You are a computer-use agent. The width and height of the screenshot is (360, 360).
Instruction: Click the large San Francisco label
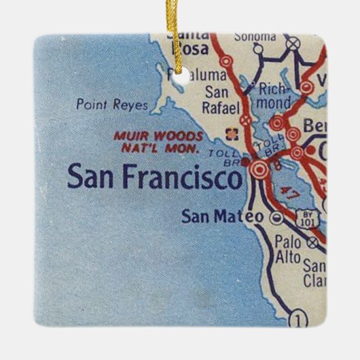(154, 178)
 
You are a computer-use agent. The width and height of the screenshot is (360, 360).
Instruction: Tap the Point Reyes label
(103, 105)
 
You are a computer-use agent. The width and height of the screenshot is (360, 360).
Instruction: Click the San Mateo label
(223, 217)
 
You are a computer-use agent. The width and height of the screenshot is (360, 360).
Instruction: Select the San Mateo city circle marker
(276, 218)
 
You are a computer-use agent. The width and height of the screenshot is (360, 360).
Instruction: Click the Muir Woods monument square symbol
(228, 132)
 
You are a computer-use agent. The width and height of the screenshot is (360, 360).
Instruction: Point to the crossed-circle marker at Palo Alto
(312, 241)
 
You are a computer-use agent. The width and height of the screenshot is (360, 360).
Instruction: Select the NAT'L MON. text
(162, 147)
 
